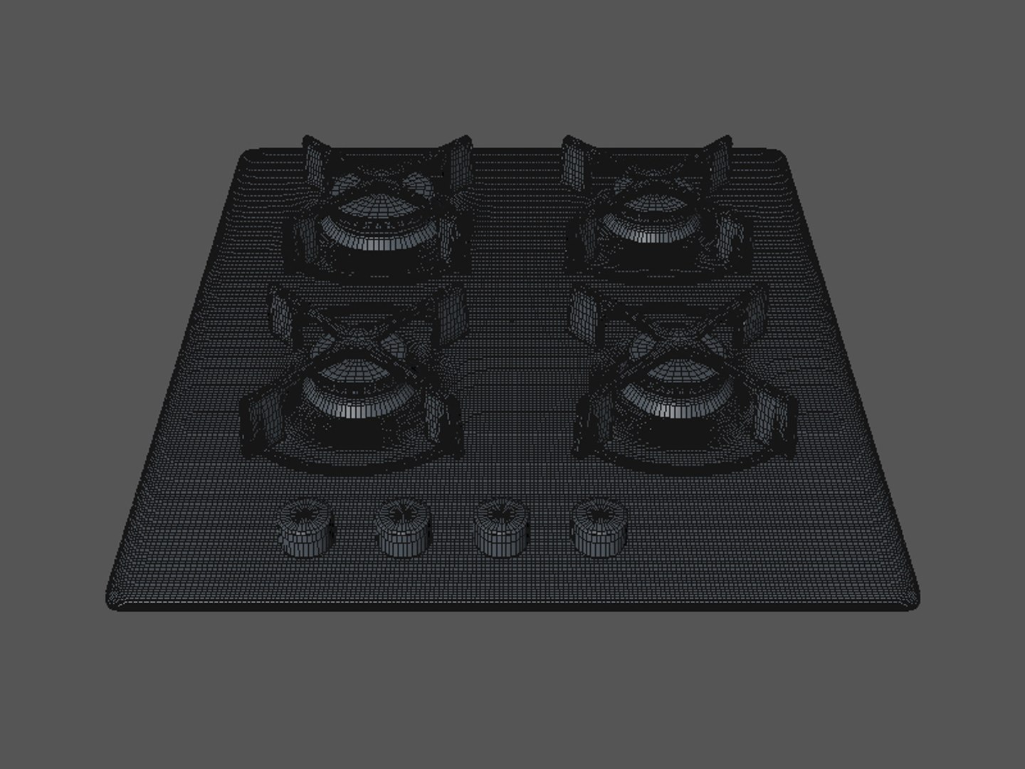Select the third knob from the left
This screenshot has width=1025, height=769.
500,528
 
